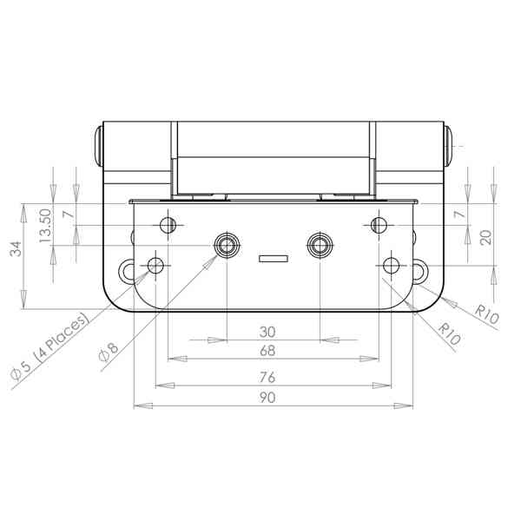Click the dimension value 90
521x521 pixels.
click(x=267, y=398)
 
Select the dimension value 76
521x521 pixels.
click(x=267, y=378)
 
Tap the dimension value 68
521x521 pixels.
click(x=267, y=351)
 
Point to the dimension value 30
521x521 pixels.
click(x=267, y=332)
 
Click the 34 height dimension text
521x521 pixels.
click(x=16, y=249)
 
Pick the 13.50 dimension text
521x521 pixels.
click(x=45, y=226)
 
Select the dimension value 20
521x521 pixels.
click(x=486, y=238)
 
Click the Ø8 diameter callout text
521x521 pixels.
click(x=109, y=353)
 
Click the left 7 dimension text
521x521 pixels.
click(x=69, y=214)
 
